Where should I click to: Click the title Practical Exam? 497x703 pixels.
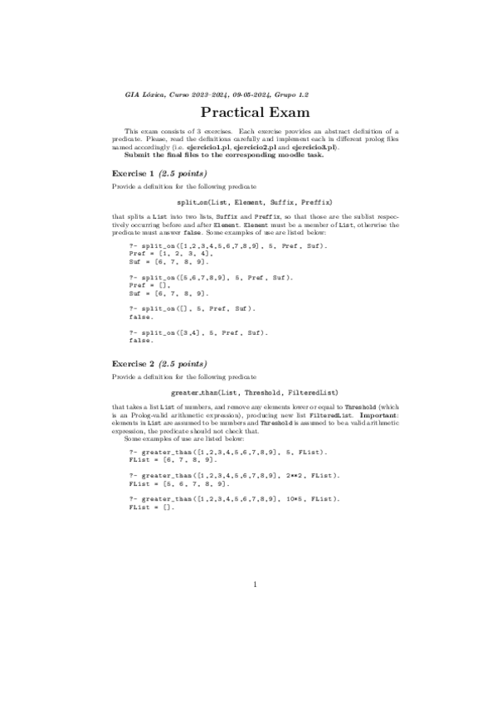click(x=256, y=113)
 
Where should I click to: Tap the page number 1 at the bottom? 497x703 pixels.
click(x=256, y=585)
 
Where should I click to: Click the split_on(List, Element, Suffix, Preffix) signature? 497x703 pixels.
click(x=255, y=201)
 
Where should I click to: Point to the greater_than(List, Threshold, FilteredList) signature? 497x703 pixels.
click(x=255, y=391)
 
